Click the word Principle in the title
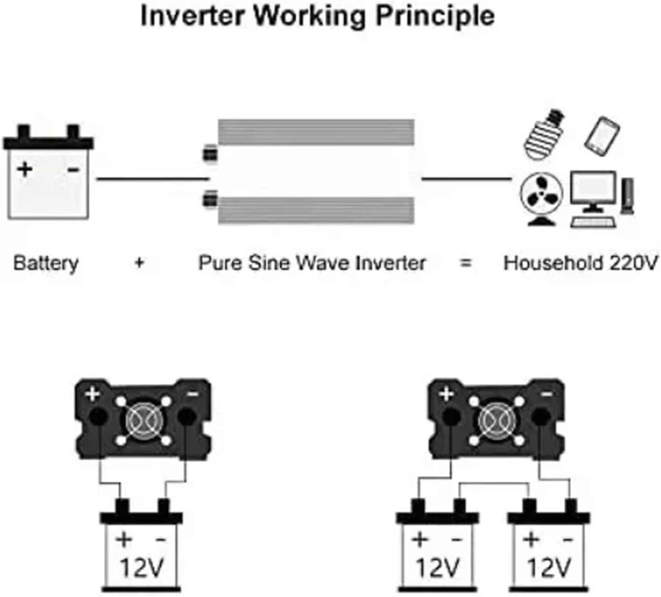(435, 16)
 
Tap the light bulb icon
(543, 134)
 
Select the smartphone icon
(602, 136)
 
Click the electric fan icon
(541, 197)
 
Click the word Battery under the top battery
(46, 263)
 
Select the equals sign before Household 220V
(466, 263)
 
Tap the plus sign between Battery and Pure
(139, 263)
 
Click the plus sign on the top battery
(25, 169)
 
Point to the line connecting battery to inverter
(152, 179)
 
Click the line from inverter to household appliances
(466, 179)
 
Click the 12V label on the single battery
(141, 567)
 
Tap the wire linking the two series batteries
(493, 483)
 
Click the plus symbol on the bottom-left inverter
(92, 394)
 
